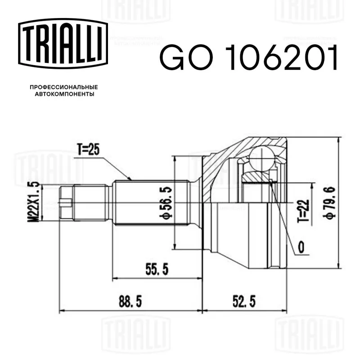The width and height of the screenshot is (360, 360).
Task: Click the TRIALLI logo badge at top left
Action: (63, 44)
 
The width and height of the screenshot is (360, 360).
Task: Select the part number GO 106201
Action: (249, 58)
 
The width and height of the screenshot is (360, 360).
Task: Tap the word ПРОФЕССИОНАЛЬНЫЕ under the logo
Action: (64, 87)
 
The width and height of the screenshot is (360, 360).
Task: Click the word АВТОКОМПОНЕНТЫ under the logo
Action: (64, 94)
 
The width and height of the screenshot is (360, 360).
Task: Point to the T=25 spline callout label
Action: (88, 149)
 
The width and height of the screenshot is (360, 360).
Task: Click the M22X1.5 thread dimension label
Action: (33, 202)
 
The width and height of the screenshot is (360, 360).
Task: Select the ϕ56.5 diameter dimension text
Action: (166, 202)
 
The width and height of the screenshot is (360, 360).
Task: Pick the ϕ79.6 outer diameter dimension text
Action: (331, 203)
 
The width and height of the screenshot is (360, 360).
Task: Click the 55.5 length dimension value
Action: (157, 269)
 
